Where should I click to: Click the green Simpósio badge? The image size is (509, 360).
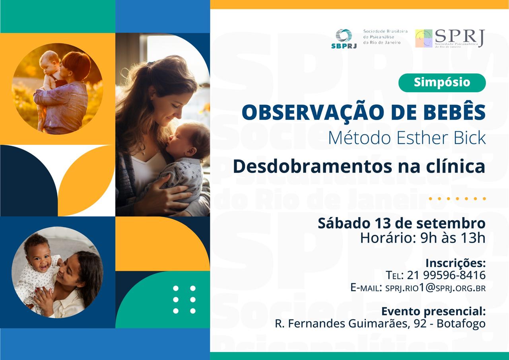(x=442, y=83)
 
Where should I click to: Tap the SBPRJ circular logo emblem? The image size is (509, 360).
(x=344, y=35)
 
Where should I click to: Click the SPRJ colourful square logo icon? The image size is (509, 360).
(x=424, y=38)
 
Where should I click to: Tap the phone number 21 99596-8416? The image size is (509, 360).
(x=446, y=275)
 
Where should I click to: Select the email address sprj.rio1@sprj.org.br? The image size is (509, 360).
(x=435, y=288)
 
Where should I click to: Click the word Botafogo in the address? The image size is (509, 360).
(x=461, y=323)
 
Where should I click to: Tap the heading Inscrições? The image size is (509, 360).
(x=455, y=263)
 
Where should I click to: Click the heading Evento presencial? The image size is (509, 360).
(x=433, y=311)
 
